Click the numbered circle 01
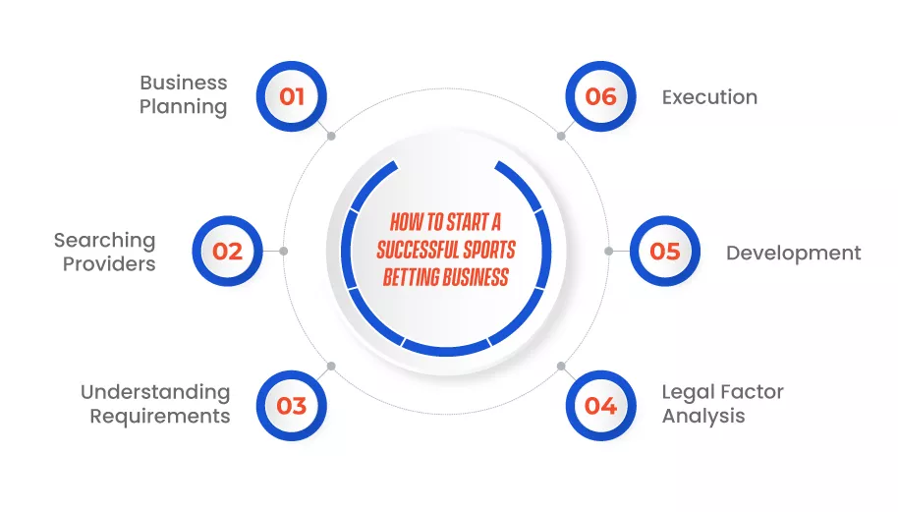[292, 96]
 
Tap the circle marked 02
[227, 251]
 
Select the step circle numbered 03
[292, 406]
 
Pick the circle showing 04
[600, 406]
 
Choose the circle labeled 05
[665, 251]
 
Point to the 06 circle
[600, 96]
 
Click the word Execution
[709, 97]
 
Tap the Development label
[793, 254]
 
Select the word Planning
[184, 107]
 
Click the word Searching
[105, 241]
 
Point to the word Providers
[109, 264]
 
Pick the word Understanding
[155, 392]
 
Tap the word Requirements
[160, 417]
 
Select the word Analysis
[703, 417]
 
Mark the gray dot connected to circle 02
[284, 251]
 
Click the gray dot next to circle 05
[609, 251]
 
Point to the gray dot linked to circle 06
[561, 136]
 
